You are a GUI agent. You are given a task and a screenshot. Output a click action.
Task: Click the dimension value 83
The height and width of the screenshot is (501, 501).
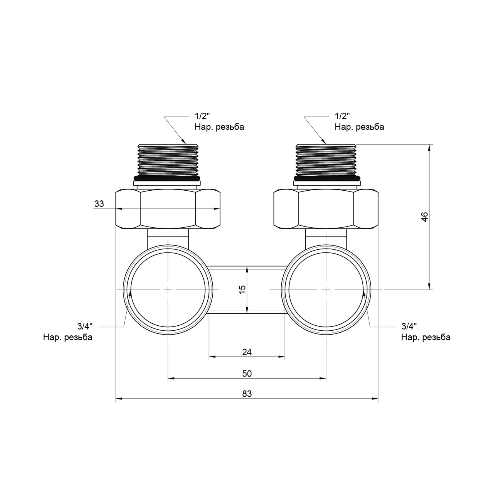point(247,394)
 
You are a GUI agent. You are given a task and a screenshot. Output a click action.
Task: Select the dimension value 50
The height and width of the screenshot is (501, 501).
point(247,373)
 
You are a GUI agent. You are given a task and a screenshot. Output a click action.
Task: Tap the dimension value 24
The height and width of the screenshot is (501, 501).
point(247,352)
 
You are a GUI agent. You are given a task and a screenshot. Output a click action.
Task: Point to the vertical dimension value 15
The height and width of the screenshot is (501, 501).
point(242,289)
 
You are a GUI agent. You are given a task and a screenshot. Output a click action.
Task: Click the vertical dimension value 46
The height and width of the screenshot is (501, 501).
point(424,217)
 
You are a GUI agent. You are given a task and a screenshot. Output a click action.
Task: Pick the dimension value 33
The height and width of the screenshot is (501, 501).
point(99,204)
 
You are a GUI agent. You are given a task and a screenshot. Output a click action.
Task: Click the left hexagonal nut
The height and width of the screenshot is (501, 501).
point(168,209)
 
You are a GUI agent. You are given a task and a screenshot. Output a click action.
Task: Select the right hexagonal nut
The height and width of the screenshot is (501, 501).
point(326,209)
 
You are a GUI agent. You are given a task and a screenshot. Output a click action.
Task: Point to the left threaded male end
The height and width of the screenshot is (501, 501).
point(168,160)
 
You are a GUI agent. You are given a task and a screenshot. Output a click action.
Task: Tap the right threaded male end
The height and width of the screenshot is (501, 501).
point(326,160)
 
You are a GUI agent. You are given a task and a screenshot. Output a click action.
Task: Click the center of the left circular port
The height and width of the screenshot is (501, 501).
point(168,290)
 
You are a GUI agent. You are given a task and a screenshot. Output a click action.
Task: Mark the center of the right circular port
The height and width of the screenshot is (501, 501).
point(326,290)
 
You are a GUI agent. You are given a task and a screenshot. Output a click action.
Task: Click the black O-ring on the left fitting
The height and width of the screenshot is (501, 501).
point(168,178)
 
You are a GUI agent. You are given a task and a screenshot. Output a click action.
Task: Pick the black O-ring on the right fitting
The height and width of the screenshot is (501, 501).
point(326,178)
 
